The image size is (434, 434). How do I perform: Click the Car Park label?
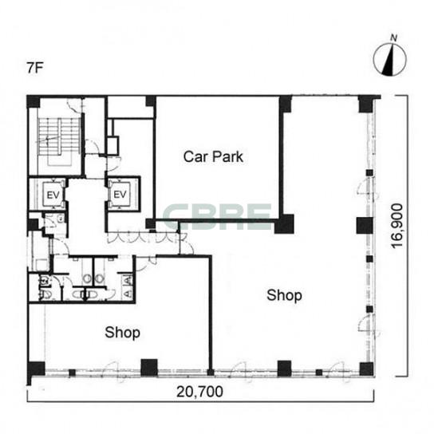(213, 156)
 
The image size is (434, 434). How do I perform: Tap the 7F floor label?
(35, 68)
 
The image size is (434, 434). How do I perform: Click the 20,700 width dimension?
(199, 392)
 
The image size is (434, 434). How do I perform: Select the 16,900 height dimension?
(397, 226)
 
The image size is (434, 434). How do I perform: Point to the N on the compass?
(393, 37)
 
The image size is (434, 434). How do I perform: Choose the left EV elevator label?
(53, 195)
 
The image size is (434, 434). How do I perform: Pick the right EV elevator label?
(120, 195)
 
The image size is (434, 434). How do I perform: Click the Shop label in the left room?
(122, 333)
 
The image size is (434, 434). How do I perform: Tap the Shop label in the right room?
(284, 295)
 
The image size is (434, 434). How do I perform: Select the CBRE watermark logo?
(217, 216)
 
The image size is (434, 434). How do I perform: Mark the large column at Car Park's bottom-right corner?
(284, 224)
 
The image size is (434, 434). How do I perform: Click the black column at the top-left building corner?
(34, 101)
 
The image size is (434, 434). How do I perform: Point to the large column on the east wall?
(365, 225)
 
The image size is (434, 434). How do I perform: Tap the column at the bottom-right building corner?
(366, 369)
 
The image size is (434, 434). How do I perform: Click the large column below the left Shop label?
(149, 368)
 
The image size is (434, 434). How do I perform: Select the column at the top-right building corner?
(366, 104)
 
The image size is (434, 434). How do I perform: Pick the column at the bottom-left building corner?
(36, 369)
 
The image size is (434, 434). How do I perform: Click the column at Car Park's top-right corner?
(286, 104)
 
